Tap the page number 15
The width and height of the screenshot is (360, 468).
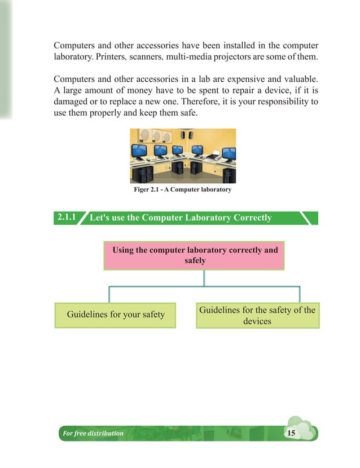[291, 433]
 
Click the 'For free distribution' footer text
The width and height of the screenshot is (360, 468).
[93, 434]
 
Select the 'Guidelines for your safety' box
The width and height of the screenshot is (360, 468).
[116, 315]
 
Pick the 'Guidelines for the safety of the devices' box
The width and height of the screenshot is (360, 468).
[257, 315]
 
